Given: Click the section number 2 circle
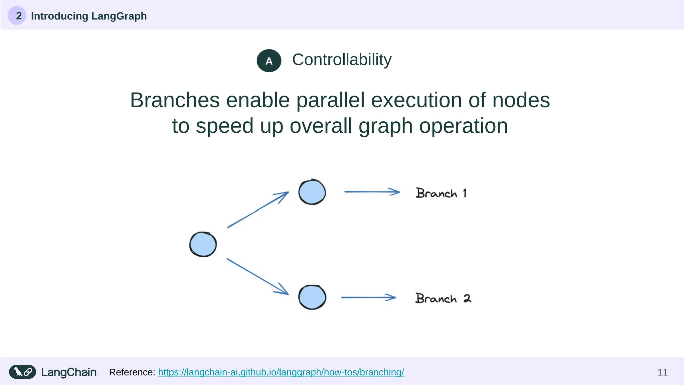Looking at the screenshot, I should click(17, 16).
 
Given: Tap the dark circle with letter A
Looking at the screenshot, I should click(269, 61).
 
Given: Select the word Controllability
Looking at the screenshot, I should click(342, 60).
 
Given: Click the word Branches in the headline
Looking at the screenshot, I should click(175, 100).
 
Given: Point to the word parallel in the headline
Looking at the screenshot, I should click(330, 100).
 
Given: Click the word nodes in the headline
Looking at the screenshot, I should click(521, 100).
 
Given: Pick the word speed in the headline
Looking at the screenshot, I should click(224, 126).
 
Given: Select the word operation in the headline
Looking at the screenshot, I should click(463, 126).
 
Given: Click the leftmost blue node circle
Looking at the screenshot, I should click(203, 244).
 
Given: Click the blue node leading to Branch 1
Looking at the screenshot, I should click(312, 192).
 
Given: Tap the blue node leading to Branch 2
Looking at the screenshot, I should click(312, 297).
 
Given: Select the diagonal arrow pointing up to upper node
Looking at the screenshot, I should click(258, 210).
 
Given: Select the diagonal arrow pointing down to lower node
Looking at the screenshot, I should click(258, 276).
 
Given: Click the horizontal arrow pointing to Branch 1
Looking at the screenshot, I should click(372, 192).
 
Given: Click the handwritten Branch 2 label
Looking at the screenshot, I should click(443, 298).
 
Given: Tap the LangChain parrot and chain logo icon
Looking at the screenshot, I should click(22, 372).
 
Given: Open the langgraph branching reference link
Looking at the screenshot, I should click(281, 372).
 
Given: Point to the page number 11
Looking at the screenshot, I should click(662, 372).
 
